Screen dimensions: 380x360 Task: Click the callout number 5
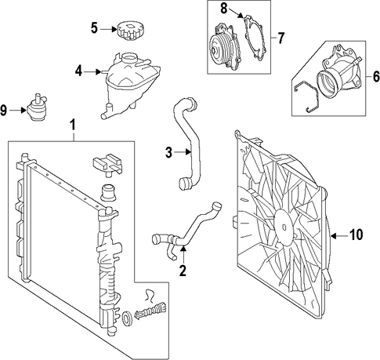click(x=94, y=28)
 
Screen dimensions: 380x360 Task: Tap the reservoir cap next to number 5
click(x=128, y=31)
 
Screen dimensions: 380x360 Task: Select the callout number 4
click(x=79, y=71)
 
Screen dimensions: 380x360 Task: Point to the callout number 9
click(x=3, y=111)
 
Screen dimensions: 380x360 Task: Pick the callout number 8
click(x=224, y=8)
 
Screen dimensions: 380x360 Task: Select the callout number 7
click(x=280, y=38)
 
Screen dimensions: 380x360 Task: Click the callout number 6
click(x=376, y=77)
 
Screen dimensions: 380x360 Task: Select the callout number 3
click(x=168, y=153)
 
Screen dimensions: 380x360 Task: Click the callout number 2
click(x=183, y=271)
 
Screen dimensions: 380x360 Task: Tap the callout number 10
click(x=356, y=235)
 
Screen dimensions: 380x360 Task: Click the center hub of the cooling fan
click(x=284, y=227)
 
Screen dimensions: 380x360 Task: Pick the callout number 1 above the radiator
click(x=74, y=125)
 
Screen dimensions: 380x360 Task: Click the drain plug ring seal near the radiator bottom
click(x=127, y=318)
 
